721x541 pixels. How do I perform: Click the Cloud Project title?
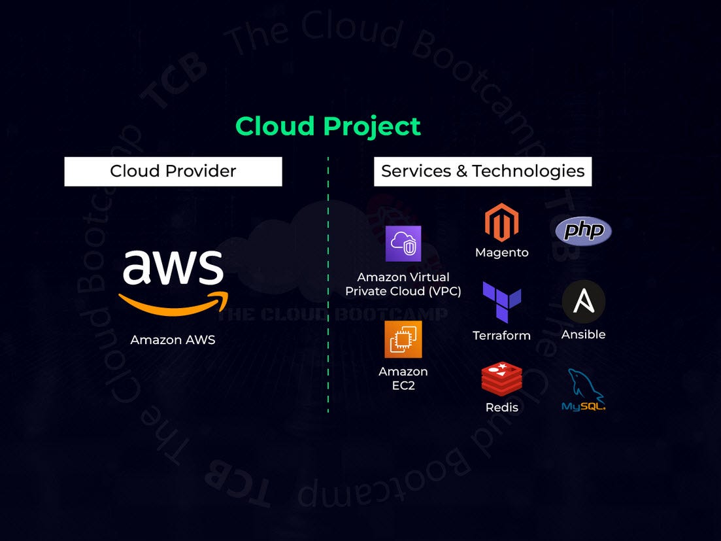click(328, 126)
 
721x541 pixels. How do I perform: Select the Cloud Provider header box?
click(173, 171)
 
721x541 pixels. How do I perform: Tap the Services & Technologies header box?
click(482, 171)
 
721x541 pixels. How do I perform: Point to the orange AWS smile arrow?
click(173, 302)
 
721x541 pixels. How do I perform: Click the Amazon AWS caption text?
click(173, 340)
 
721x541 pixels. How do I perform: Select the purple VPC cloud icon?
click(403, 243)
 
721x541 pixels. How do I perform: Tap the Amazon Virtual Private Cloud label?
click(403, 284)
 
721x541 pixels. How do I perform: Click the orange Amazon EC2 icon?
click(403, 339)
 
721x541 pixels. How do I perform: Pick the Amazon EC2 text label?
click(403, 378)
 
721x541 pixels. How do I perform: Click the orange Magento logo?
click(501, 222)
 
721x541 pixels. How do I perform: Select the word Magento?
click(501, 253)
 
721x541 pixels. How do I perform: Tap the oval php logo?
click(583, 231)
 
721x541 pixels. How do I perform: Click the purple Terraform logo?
click(501, 302)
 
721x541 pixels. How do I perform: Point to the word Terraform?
click(501, 336)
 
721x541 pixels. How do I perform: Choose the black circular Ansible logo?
click(583, 302)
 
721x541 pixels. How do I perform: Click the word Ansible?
click(583, 334)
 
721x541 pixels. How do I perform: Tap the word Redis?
click(501, 408)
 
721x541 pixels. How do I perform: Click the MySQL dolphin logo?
click(583, 391)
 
